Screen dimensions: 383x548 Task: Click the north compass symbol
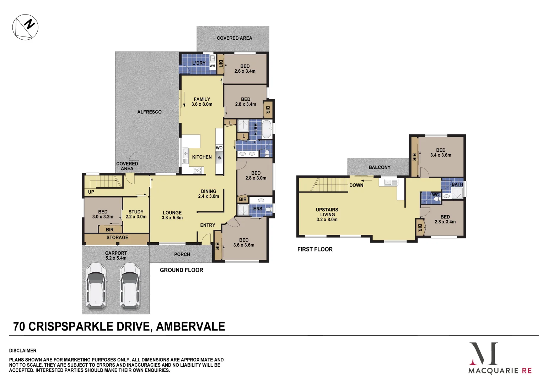click(x=25, y=27)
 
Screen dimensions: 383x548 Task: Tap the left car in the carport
click(x=96, y=285)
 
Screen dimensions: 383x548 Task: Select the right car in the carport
click(x=130, y=285)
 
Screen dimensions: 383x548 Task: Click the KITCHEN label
click(x=202, y=157)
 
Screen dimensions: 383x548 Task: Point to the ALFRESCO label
click(x=149, y=112)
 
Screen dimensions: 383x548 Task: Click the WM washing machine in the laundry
click(x=212, y=66)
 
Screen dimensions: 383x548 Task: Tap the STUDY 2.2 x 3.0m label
click(x=136, y=214)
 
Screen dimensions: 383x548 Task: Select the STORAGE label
click(x=117, y=238)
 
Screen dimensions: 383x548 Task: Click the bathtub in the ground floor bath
click(x=267, y=129)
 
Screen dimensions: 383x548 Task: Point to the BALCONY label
click(x=380, y=167)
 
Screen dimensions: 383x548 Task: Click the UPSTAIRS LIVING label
click(x=327, y=215)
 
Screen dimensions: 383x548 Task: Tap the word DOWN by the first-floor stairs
click(x=356, y=185)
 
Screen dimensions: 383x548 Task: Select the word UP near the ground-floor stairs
click(x=91, y=192)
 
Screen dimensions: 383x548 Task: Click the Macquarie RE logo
click(x=500, y=358)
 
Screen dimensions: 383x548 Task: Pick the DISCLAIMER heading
click(x=23, y=351)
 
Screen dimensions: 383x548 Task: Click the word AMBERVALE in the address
click(x=190, y=327)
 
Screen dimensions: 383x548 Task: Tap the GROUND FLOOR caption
click(x=181, y=270)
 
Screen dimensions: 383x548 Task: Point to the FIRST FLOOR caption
click(x=315, y=249)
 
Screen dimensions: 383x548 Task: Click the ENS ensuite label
click(x=258, y=209)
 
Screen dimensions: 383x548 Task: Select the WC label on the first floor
click(x=435, y=195)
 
